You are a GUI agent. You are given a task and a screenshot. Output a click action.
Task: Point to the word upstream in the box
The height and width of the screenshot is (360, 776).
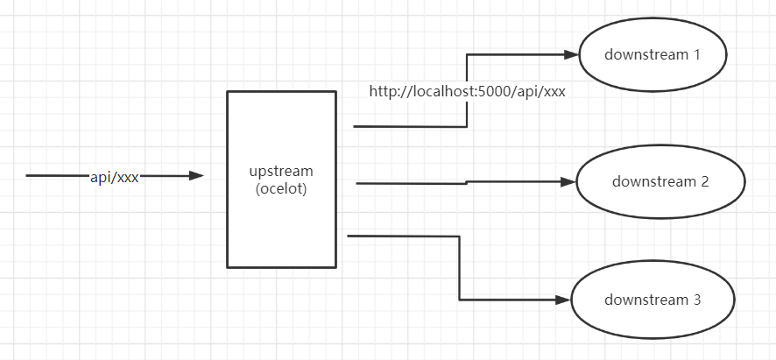pyautogui.click(x=281, y=171)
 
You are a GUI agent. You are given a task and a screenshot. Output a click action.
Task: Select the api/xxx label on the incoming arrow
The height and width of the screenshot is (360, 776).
pyautogui.click(x=115, y=176)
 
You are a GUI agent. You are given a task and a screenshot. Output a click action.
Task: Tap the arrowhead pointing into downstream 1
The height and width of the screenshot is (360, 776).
pyautogui.click(x=572, y=54)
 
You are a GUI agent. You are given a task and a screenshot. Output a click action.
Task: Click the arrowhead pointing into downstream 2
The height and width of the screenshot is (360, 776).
pyautogui.click(x=569, y=182)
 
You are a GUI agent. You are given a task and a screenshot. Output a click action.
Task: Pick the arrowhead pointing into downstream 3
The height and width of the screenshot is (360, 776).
pyautogui.click(x=565, y=300)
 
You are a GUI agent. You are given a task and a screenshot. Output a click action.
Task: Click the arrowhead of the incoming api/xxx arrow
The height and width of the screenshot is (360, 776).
pyautogui.click(x=197, y=176)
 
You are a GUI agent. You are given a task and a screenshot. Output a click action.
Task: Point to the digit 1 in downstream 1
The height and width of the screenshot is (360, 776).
pyautogui.click(x=697, y=54)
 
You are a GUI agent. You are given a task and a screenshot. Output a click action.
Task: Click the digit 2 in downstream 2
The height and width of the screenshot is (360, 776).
pyautogui.click(x=704, y=182)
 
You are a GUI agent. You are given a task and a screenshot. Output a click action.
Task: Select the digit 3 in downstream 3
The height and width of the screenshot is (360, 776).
pyautogui.click(x=697, y=300)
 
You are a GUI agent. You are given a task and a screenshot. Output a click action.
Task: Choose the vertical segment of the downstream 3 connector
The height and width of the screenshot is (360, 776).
pyautogui.click(x=460, y=267)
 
